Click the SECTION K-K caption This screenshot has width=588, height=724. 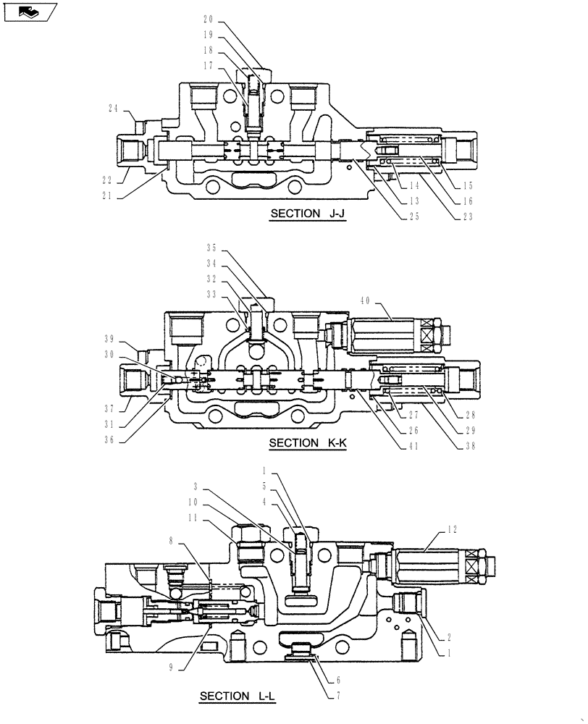(307, 443)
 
